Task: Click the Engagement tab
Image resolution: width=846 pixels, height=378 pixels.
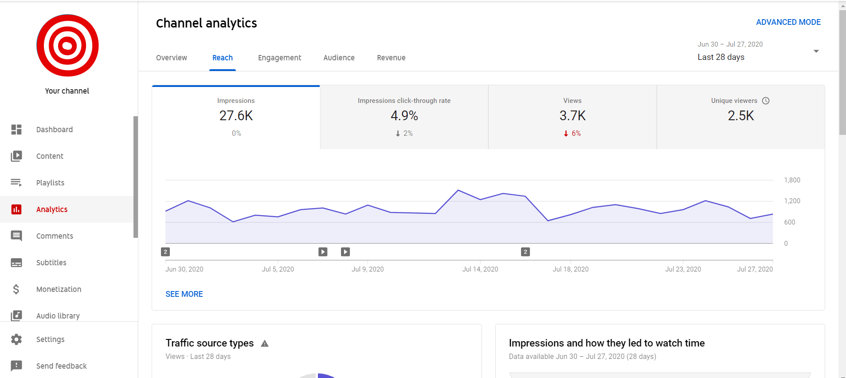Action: pos(279,58)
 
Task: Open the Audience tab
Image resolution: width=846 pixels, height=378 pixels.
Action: pos(339,58)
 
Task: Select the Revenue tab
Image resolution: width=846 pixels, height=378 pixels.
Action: pos(391,58)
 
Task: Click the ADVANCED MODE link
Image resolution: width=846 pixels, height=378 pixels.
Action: pos(788,22)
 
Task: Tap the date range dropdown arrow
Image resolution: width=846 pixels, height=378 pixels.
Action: pos(816,51)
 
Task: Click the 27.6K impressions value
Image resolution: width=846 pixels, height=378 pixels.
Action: pos(236,116)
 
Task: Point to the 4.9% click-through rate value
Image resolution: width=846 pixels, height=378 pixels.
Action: pos(404,116)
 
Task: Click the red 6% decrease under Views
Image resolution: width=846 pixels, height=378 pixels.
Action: pos(572,133)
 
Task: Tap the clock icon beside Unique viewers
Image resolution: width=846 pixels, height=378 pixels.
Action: pos(766,101)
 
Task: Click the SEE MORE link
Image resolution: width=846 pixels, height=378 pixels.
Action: pos(184,294)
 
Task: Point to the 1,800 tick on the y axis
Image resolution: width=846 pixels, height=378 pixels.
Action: pos(792,180)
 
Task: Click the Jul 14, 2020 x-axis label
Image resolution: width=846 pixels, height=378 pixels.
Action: pos(480,269)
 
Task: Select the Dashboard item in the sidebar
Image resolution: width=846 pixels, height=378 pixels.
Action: pos(54,130)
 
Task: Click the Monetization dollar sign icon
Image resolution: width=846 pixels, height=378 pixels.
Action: pos(16,289)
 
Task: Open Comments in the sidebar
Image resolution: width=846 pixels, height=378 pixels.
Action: pos(55,236)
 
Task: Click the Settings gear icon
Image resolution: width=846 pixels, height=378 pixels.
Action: pos(16,339)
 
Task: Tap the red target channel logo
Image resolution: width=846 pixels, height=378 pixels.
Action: pos(67,45)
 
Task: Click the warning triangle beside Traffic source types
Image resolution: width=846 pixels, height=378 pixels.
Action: pos(265,343)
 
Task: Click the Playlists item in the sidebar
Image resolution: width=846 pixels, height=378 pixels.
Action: pos(50,183)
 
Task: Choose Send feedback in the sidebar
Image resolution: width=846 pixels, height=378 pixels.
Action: pos(61,366)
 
